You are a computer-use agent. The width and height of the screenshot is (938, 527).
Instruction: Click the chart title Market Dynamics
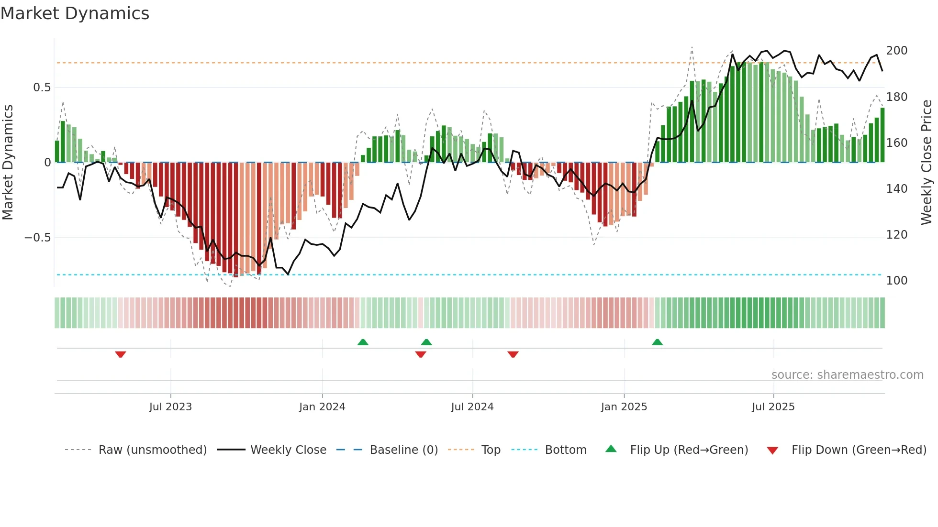75,13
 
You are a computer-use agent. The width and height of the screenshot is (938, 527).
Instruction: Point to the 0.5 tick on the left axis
42,88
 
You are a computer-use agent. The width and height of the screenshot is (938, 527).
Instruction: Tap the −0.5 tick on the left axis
38,238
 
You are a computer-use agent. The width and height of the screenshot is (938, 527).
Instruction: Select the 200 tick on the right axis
896,51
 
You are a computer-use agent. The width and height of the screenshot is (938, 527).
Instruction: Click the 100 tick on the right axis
896,281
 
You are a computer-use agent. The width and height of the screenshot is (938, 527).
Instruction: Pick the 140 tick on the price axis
896,189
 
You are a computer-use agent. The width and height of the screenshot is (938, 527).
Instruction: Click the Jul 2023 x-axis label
170,407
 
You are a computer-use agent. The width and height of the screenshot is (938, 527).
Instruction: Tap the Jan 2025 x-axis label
624,407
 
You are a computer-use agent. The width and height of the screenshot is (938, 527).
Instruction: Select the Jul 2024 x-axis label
472,407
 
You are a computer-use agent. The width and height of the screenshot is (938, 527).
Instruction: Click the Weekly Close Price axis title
927,163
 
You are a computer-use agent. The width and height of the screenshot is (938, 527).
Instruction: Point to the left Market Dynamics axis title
8,163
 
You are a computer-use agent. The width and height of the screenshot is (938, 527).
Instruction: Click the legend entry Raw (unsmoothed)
152,450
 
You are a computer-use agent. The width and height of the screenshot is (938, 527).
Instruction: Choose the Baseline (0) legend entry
403,450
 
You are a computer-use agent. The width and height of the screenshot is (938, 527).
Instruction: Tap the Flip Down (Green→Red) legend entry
859,450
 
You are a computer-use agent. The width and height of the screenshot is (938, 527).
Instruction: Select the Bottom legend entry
565,450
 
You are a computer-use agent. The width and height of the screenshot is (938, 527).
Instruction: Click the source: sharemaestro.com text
847,375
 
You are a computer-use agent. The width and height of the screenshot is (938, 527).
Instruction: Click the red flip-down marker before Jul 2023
121,354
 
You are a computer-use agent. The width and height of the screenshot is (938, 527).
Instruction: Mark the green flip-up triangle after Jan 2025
657,342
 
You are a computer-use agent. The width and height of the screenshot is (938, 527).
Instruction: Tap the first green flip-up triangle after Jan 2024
363,342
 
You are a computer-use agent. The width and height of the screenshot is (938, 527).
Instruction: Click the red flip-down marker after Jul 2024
513,354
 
